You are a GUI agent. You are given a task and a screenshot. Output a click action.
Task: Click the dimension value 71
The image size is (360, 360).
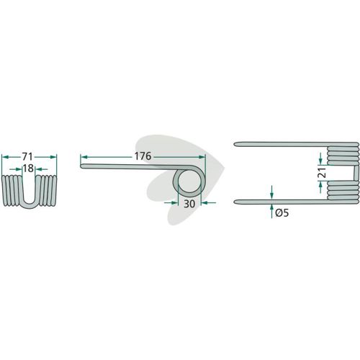coord(27,157)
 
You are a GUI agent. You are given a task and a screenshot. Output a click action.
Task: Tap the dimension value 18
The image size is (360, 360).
coord(28,168)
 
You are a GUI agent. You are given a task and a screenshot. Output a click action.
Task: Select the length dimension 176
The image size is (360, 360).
coord(143,156)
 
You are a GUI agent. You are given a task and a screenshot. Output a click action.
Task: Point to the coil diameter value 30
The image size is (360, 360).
coord(189,204)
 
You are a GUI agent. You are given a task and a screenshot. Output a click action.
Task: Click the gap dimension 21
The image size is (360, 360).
coord(323,173)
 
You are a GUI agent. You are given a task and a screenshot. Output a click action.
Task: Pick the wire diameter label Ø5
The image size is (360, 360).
coord(282,212)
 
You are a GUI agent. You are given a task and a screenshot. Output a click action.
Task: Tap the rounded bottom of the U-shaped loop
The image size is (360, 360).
coord(29,206)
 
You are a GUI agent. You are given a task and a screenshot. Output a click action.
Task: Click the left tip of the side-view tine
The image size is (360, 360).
coord(81,166)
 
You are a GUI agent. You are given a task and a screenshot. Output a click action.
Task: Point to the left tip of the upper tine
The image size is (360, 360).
coord(235,144)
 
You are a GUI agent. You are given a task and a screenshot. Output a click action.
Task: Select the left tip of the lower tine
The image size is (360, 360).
coord(235,202)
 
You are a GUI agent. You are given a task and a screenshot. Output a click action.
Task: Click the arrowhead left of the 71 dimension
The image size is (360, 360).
coord(5,157)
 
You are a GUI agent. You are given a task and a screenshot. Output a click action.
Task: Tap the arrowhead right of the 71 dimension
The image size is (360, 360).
coord(53,157)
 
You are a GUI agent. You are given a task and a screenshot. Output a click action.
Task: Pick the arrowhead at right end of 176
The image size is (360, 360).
coord(202,157)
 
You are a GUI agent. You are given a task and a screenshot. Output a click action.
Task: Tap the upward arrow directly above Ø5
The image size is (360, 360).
coord(271,208)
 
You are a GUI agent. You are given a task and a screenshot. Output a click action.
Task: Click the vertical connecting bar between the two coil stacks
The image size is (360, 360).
coord(356,174)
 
